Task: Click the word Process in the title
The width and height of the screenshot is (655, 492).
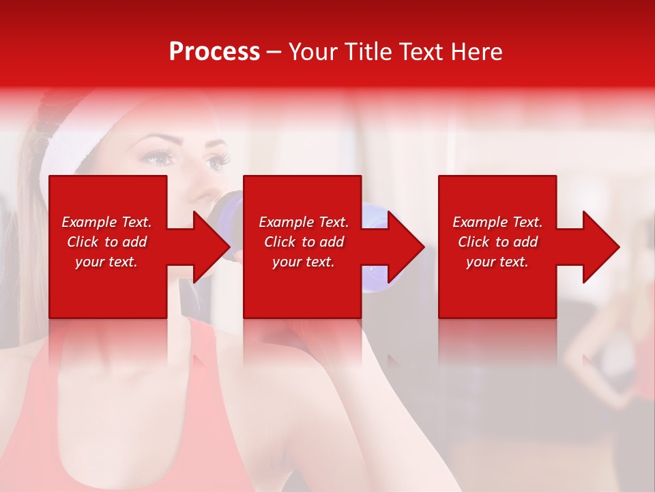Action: tap(214, 52)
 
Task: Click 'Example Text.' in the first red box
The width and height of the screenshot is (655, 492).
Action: tap(106, 222)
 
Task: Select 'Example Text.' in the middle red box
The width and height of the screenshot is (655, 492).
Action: tap(304, 222)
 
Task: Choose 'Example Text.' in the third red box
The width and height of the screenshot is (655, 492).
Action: tap(497, 222)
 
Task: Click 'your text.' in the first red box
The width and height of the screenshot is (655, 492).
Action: tap(106, 262)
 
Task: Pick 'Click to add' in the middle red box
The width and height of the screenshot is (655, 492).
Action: tap(304, 242)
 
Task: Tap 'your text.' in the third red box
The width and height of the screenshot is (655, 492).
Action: tap(497, 262)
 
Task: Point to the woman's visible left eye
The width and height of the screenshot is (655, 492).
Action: tap(217, 162)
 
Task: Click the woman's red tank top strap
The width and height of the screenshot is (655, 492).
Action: tap(198, 342)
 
